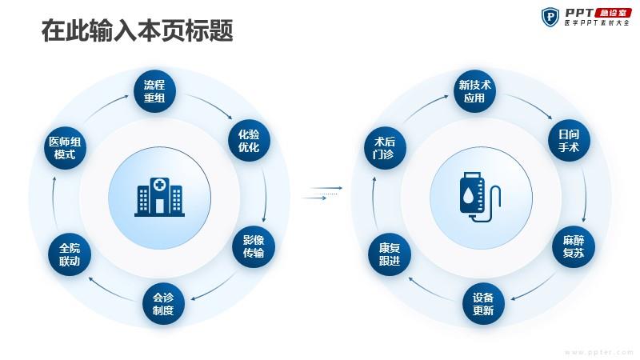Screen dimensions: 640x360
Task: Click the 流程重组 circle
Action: (x=154, y=91)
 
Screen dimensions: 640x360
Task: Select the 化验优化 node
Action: (x=249, y=141)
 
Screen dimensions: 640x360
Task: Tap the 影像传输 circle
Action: (x=253, y=246)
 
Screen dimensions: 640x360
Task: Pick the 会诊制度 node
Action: (x=163, y=304)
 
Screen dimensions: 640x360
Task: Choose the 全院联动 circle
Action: (x=70, y=254)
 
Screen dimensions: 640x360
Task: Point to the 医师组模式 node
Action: (x=65, y=148)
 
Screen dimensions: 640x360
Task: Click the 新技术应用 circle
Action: (x=474, y=91)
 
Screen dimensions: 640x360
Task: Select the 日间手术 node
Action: (x=569, y=141)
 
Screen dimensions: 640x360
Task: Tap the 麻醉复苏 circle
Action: (x=573, y=246)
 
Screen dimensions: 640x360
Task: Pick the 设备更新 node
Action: (x=483, y=304)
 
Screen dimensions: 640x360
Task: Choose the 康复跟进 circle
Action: (x=390, y=254)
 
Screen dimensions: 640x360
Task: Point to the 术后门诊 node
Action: (x=385, y=148)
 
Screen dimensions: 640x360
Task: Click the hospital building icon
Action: (x=159, y=197)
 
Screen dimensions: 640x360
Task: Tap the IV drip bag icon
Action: (x=480, y=197)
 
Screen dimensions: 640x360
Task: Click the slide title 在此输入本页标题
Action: (x=137, y=30)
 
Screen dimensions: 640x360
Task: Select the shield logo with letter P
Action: (x=550, y=17)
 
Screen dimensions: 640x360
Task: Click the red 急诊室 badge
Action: (x=613, y=13)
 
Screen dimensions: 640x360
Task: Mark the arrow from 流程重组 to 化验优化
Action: (x=210, y=104)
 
